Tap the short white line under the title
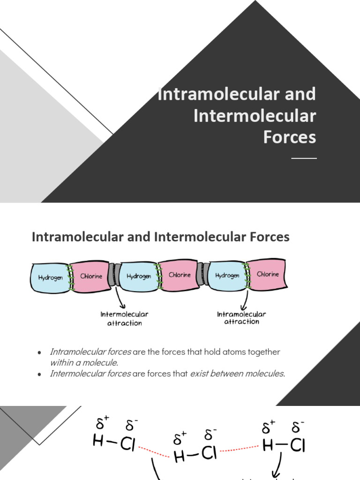304,158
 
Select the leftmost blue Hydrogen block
51,277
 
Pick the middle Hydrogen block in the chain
139,276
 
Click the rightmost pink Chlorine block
268,274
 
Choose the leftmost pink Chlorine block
91,276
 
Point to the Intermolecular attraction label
124,319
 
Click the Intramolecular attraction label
241,318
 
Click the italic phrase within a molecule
84,363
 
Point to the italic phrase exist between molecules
237,374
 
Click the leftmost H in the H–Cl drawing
98,442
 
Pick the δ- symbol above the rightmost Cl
298,427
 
